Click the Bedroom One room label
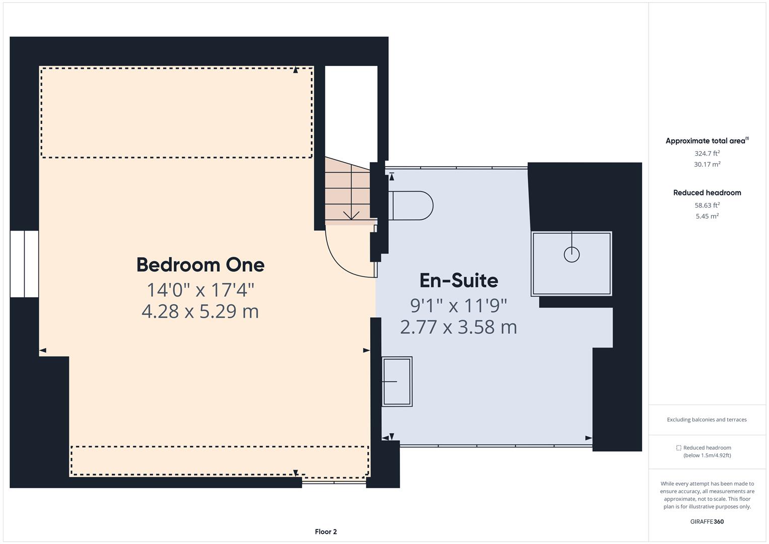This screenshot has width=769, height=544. (200, 265)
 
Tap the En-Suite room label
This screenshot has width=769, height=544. (459, 280)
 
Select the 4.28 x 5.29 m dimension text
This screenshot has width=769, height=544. (200, 311)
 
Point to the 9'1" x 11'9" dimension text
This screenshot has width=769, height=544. (459, 305)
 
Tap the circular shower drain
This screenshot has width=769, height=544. (572, 254)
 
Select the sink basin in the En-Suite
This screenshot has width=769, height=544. (397, 381)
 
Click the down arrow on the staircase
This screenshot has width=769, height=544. (351, 215)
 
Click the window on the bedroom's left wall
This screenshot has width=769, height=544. (24, 264)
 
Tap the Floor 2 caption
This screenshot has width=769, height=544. (326, 531)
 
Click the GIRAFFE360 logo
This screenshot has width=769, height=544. (707, 521)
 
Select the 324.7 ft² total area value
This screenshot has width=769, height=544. (707, 153)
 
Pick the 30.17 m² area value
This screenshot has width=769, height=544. (707, 164)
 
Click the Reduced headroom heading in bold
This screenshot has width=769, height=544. (707, 192)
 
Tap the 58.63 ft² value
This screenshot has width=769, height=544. (707, 205)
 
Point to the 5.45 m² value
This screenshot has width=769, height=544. (707, 216)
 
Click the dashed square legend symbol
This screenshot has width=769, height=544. (678, 448)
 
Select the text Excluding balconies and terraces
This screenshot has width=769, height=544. (707, 419)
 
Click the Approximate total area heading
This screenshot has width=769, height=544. (707, 141)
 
